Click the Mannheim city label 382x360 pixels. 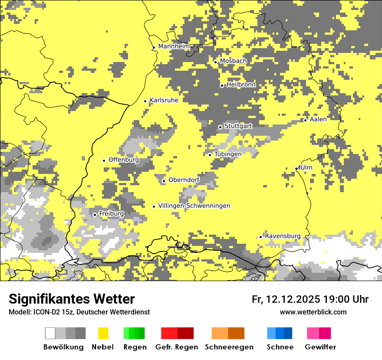pos(174,46)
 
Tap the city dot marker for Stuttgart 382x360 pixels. pos(220,127)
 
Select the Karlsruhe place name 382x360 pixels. pos(164,100)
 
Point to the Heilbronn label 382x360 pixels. pos(241,85)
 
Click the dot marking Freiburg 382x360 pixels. pos(95,215)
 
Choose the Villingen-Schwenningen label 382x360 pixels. pos(194,206)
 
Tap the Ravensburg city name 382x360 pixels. pos(283,236)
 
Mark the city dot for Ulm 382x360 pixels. pos(296,168)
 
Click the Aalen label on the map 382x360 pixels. pos(318,119)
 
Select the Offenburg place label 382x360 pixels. pos(124,160)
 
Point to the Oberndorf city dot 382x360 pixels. pos(164,181)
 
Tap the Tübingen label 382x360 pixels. pos(228,154)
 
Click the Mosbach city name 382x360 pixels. pos(233,61)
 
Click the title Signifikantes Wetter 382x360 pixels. pos(72,299)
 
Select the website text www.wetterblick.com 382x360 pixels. pos(313,312)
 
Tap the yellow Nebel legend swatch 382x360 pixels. pos(103,333)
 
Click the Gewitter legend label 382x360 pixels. pos(320,347)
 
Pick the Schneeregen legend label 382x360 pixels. pos(229,347)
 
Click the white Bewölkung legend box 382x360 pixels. pos(50,333)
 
